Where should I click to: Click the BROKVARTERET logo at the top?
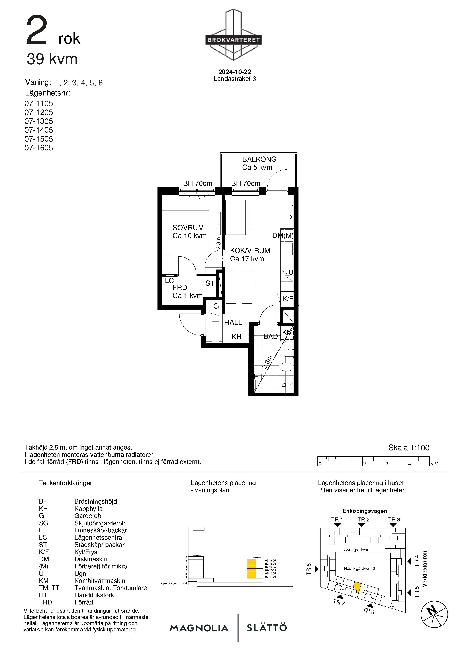234,35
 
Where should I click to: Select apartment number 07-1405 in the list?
39,130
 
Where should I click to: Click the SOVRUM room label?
188,228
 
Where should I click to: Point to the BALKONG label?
259,159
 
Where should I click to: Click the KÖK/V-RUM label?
250,251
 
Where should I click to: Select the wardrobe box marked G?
216,306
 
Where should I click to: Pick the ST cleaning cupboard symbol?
210,283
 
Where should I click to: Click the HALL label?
233,322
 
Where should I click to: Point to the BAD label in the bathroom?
271,337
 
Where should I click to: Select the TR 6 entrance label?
369,611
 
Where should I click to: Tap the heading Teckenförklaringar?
66,483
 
